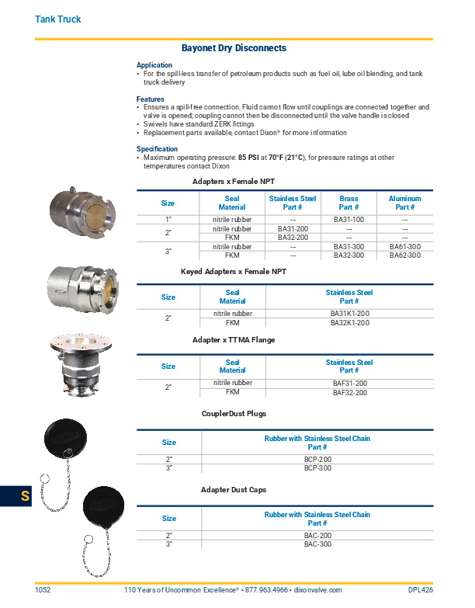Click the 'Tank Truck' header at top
58,19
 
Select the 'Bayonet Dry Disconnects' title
234,48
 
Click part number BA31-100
348,221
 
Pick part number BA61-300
404,247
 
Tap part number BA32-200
293,237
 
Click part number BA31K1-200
349,314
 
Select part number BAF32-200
349,393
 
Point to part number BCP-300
317,468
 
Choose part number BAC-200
317,536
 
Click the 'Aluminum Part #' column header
404,203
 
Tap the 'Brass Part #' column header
348,203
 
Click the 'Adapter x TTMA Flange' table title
234,340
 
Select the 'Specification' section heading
157,148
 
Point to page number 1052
43,590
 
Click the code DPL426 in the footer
420,590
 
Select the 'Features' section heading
150,99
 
